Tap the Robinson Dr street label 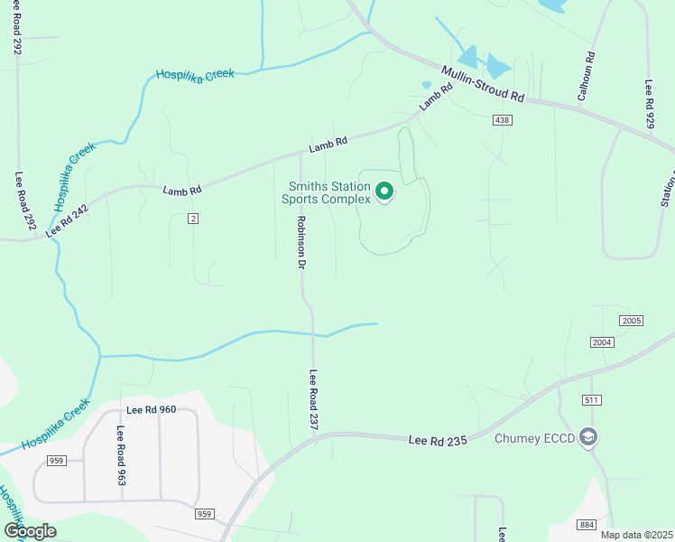pos(302,242)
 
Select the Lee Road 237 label pos(314,404)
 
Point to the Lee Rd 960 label pos(151,409)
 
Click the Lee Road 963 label pos(120,455)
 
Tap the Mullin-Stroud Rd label pos(482,82)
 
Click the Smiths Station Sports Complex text pos(326,192)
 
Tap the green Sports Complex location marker pos(384,192)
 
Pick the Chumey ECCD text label pos(535,439)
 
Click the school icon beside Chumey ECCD pos(589,438)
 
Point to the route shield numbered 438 pos(504,120)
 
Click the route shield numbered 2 pos(193,219)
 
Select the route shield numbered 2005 pos(631,322)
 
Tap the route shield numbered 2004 pos(602,342)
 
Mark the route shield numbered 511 pos(592,399)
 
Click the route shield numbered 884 pos(587,525)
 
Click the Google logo pos(30,531)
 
